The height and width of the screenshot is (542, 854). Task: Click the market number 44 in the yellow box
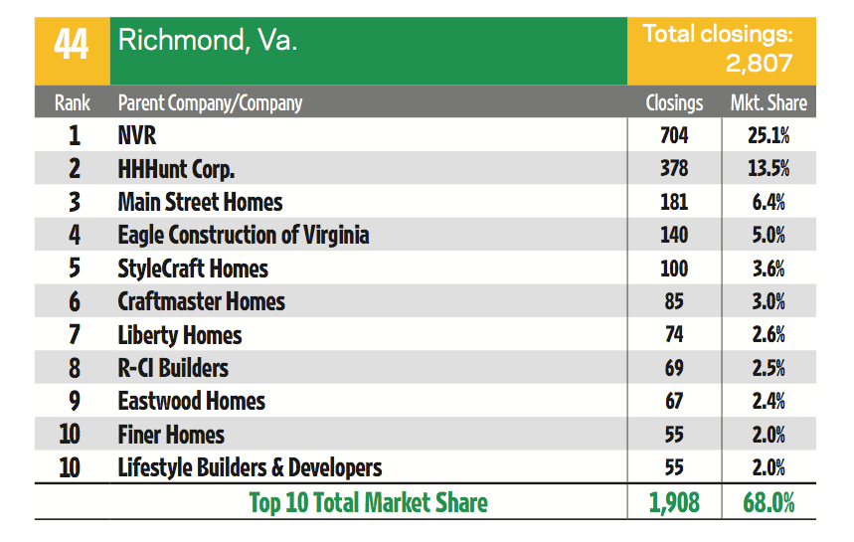tap(72, 44)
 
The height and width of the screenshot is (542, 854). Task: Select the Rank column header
tap(72, 102)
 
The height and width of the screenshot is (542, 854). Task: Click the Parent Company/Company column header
tap(210, 102)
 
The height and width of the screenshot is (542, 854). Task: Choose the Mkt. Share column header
tap(769, 102)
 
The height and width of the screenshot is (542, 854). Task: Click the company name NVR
tap(137, 135)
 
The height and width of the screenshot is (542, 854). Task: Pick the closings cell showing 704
tap(673, 135)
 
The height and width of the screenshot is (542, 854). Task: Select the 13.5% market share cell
tap(769, 168)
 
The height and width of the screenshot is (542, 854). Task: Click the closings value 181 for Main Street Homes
tap(673, 202)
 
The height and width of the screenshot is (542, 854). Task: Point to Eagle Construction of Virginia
tap(243, 235)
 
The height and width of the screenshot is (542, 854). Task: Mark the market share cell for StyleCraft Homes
tap(769, 269)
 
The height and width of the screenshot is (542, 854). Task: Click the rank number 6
tap(74, 301)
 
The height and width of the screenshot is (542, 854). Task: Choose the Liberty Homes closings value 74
tap(673, 335)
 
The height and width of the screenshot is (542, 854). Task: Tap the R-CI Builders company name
tap(173, 368)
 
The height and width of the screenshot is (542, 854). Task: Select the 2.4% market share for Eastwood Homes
tap(769, 401)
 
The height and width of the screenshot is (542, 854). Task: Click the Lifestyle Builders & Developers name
tap(250, 467)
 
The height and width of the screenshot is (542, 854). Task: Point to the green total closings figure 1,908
tap(673, 502)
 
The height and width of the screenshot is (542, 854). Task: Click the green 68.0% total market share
tap(769, 502)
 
